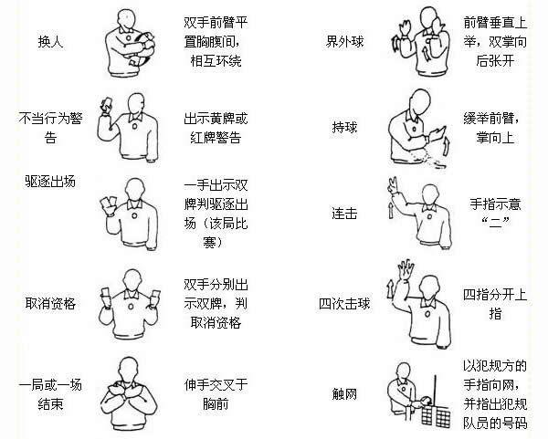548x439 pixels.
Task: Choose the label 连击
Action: coord(343,212)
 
